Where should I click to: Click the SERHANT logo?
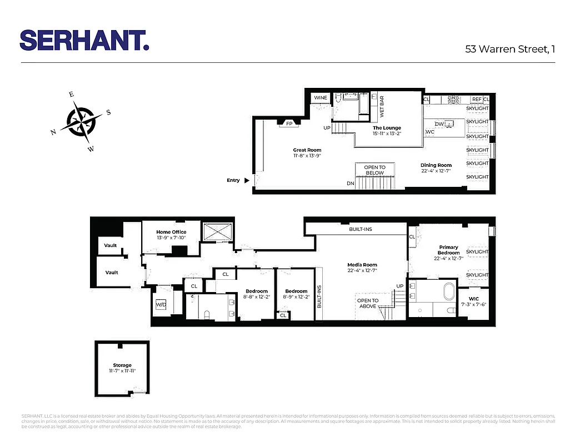[x=84, y=40]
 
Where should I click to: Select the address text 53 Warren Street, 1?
[x=509, y=49]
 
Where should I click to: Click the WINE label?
[x=321, y=98]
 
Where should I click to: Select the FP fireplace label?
[x=289, y=123]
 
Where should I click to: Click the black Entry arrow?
[x=247, y=180]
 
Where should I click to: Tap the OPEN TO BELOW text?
[x=374, y=170]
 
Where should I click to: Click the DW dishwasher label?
[x=439, y=124]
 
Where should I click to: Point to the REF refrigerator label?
[x=476, y=99]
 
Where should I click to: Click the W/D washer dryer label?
[x=161, y=305]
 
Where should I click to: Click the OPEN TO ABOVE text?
[x=367, y=303]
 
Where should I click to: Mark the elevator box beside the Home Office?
[x=217, y=232]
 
